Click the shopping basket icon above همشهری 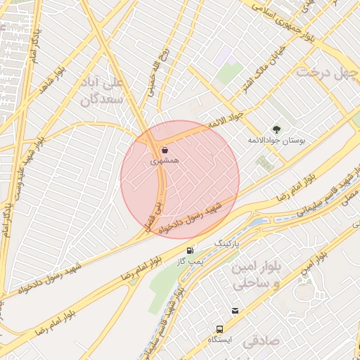[x=165, y=150]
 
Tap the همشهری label [x=165, y=161]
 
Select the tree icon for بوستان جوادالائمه [x=276, y=129]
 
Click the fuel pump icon [x=190, y=250]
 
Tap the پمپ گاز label [x=190, y=261]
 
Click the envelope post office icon [x=235, y=311]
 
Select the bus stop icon [x=220, y=328]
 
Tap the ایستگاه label [x=220, y=339]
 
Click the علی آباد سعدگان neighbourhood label [x=106, y=91]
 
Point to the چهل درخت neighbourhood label [x=326, y=72]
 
